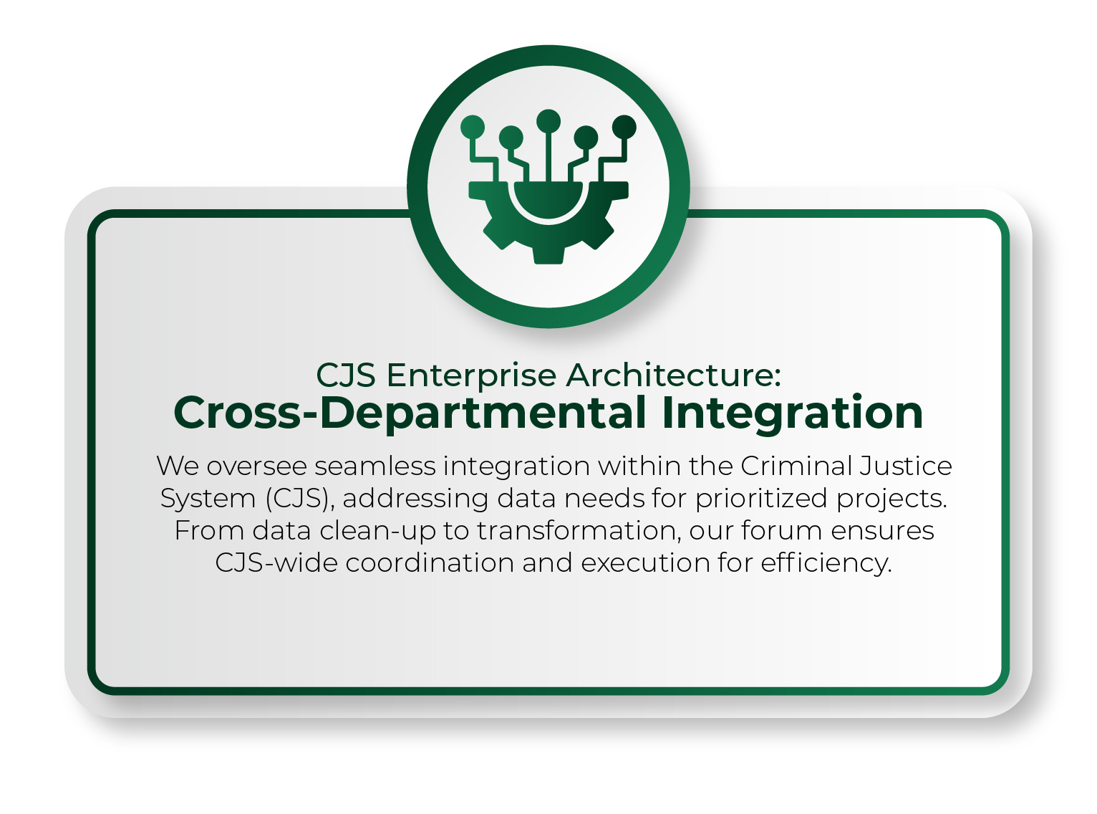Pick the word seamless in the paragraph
pos(375,466)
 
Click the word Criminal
pos(796,466)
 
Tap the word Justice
pos(905,466)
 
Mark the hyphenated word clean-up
pos(377,531)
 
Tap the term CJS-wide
pos(276,563)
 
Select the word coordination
pos(430,563)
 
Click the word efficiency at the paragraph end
pos(826,564)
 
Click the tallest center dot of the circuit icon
pos(548,121)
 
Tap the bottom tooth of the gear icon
pos(548,254)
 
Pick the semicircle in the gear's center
pos(548,198)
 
